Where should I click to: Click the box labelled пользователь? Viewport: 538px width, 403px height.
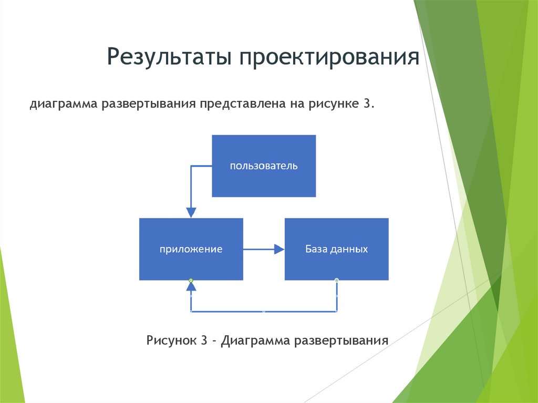[263, 166]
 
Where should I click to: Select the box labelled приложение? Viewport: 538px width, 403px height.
[191, 249]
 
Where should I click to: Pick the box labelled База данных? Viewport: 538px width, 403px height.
[336, 249]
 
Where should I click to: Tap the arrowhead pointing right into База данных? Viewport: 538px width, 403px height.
[279, 250]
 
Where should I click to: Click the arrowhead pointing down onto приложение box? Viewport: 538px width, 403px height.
[191, 212]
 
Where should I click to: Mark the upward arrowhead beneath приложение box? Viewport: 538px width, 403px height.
[191, 286]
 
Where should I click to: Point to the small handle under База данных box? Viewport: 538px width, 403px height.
[336, 280]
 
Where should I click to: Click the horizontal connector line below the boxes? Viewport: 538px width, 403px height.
[263, 312]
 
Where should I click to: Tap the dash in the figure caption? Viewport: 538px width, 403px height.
[215, 341]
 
